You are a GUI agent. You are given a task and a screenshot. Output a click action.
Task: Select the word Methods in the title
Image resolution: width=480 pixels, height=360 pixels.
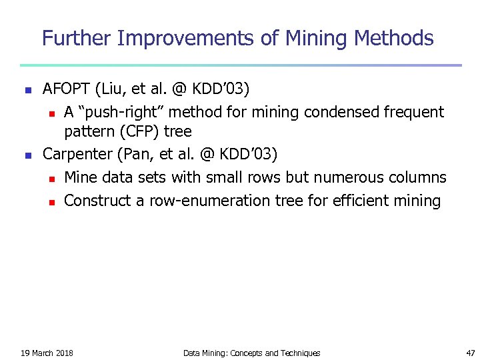click(394, 38)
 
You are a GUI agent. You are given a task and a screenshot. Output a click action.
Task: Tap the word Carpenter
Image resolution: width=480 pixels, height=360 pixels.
click(77, 154)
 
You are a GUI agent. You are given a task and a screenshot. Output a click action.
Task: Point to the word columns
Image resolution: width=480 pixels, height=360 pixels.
click(418, 177)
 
